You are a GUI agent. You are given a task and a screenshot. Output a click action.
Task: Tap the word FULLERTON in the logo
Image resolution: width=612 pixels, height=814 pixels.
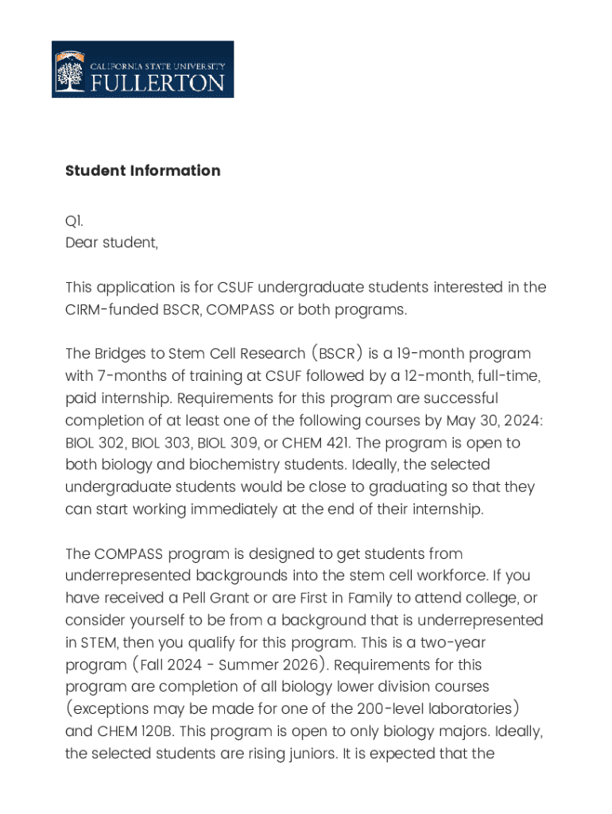(157, 83)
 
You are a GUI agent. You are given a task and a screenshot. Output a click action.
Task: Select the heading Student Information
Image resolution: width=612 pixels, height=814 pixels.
(142, 171)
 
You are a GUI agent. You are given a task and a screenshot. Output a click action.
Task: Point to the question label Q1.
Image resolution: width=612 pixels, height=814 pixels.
(74, 221)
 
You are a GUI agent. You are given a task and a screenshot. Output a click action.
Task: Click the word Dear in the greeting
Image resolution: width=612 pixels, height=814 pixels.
(82, 243)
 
